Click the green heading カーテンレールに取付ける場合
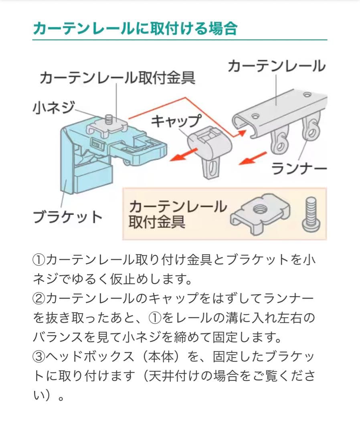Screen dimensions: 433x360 click(135, 29)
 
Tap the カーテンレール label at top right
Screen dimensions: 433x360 click(276, 66)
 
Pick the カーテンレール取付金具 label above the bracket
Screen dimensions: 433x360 click(117, 78)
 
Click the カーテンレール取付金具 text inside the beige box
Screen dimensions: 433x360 click(177, 214)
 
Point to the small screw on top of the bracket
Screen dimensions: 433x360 click(108, 119)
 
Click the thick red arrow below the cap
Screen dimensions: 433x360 click(184, 155)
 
